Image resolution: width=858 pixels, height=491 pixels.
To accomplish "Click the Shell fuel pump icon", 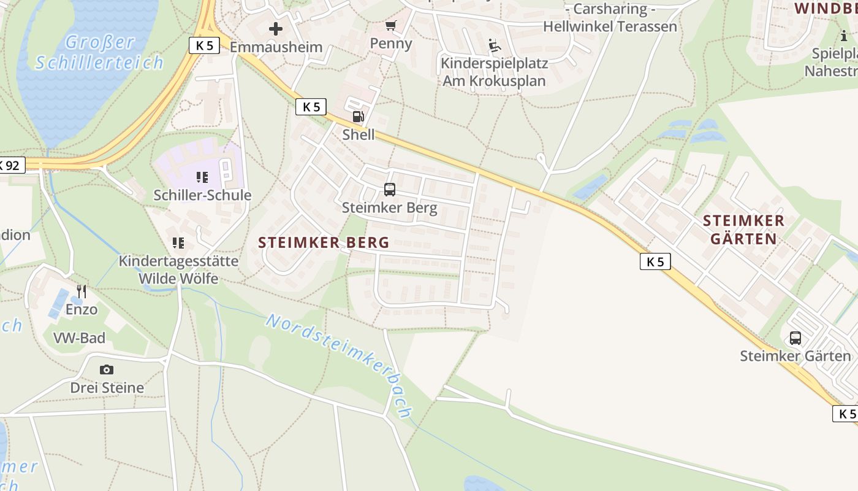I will (358, 117).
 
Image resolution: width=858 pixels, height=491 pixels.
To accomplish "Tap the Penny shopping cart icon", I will (390, 26).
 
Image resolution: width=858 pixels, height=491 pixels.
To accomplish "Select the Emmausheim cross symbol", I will (276, 28).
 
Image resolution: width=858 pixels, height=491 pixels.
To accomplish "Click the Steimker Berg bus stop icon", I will (390, 190).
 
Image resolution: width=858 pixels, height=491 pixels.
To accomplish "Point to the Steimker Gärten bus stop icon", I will (795, 338).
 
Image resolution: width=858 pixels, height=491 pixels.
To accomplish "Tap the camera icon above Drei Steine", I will (107, 369).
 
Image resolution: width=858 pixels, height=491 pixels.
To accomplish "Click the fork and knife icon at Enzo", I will (82, 291).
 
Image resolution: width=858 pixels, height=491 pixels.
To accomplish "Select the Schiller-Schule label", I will (202, 195).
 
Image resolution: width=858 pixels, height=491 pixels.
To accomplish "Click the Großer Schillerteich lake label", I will (99, 52).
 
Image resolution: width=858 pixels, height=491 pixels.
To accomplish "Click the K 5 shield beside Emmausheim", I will (204, 45).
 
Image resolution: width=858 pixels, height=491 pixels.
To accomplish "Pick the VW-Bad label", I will (79, 338).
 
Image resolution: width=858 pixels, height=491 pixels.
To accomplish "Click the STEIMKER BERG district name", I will (324, 242).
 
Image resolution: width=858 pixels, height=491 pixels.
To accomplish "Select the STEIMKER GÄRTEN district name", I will (743, 230).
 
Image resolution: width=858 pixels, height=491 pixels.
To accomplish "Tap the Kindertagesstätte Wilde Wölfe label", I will (178, 269).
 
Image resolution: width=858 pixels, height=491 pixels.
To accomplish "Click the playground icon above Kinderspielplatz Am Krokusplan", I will (495, 45).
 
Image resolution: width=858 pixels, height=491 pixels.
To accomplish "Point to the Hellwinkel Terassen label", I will (610, 26).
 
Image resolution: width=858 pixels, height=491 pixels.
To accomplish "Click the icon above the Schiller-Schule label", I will (202, 177).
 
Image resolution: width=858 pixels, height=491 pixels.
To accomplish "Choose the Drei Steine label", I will (107, 388).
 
